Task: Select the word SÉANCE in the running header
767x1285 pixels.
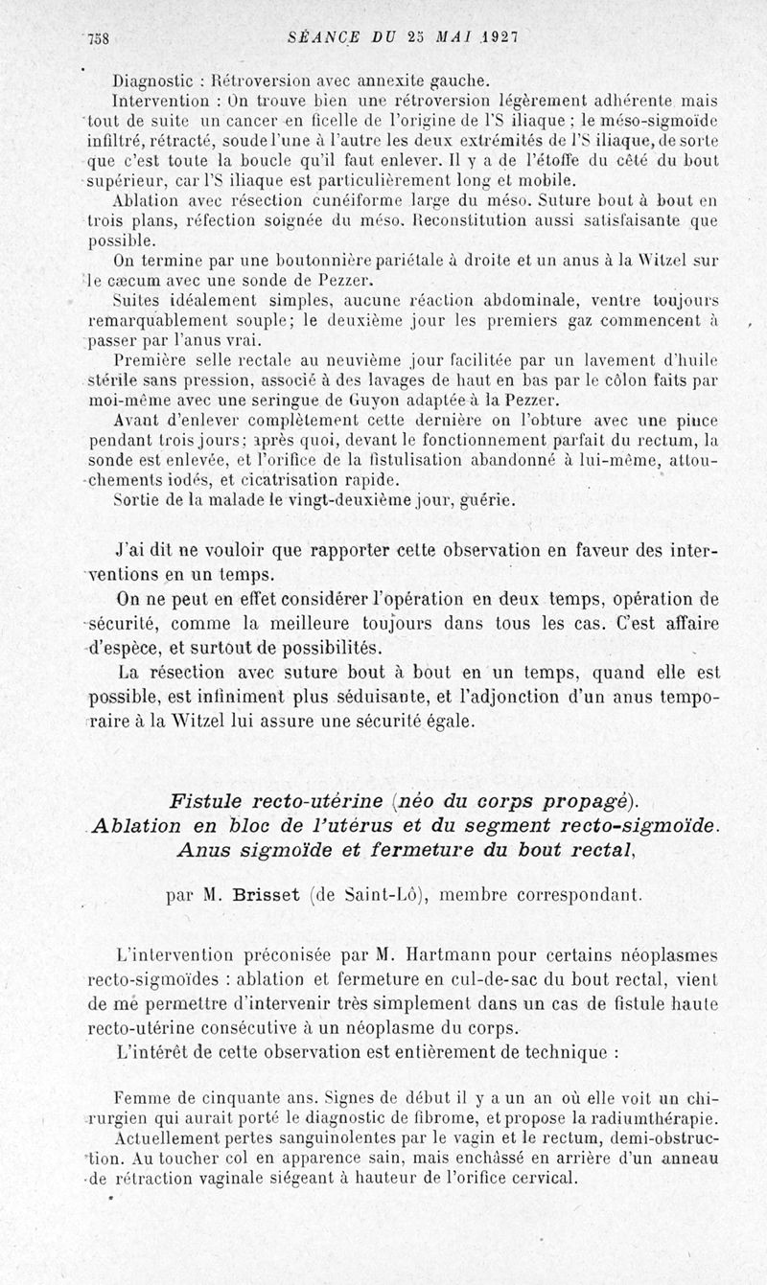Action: click(322, 37)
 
